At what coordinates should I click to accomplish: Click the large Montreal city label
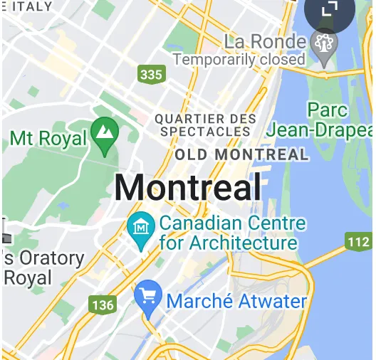pos(188,188)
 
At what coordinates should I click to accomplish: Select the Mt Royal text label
pos(48,138)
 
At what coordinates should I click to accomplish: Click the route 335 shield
pos(151,74)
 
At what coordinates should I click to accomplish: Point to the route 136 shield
pos(103,305)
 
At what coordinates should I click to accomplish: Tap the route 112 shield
pos(358,242)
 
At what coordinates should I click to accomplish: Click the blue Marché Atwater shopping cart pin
pos(148,297)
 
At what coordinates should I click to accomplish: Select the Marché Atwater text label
pos(236,300)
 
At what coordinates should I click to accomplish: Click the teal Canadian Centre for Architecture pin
pos(140,228)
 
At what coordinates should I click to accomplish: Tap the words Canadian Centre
pos(232,223)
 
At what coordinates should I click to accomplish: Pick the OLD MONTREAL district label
pos(241,154)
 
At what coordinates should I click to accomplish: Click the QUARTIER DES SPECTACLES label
pos(205,125)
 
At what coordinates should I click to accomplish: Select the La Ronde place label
pos(265,42)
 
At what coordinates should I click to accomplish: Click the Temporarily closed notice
pos(239,60)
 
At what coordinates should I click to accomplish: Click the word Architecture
pos(228,243)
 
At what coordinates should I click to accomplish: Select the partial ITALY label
pos(28,6)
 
